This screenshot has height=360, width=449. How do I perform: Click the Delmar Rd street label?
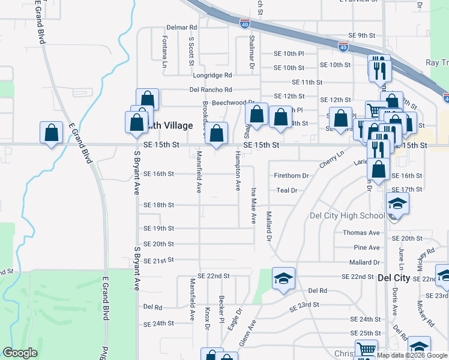point(182,28)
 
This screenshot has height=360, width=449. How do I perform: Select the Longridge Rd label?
point(212,76)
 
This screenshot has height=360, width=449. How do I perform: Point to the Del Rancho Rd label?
point(210,89)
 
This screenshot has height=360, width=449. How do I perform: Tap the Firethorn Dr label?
point(291,176)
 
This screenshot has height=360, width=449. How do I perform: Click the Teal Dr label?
point(287,190)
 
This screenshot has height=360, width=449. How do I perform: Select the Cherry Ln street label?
point(331,158)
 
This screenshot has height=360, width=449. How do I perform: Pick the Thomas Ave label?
point(361,233)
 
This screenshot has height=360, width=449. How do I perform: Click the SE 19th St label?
point(158,229)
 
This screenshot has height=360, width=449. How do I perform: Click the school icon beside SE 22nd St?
point(284,278)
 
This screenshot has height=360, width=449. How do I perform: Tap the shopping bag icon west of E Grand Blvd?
point(52,133)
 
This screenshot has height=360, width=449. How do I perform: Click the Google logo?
point(20,353)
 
